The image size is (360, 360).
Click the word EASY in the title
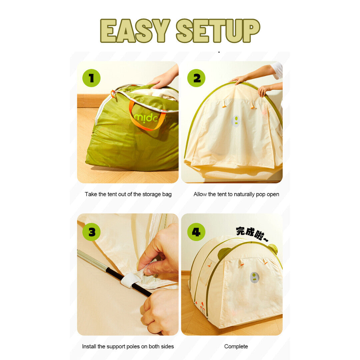(x=135, y=31)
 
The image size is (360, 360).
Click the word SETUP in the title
(x=218, y=31)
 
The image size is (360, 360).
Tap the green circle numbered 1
(x=91, y=78)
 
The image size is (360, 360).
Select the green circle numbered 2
(x=196, y=78)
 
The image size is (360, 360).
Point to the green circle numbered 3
(x=91, y=232)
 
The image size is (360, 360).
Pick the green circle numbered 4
(x=196, y=232)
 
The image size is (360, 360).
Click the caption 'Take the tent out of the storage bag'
(x=128, y=194)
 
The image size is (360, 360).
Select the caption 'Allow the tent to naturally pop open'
(x=236, y=194)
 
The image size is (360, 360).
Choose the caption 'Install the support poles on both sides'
(x=128, y=346)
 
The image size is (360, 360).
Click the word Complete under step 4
(x=236, y=347)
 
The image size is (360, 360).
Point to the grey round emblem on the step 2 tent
(x=236, y=121)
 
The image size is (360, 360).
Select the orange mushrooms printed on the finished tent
(x=200, y=307)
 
